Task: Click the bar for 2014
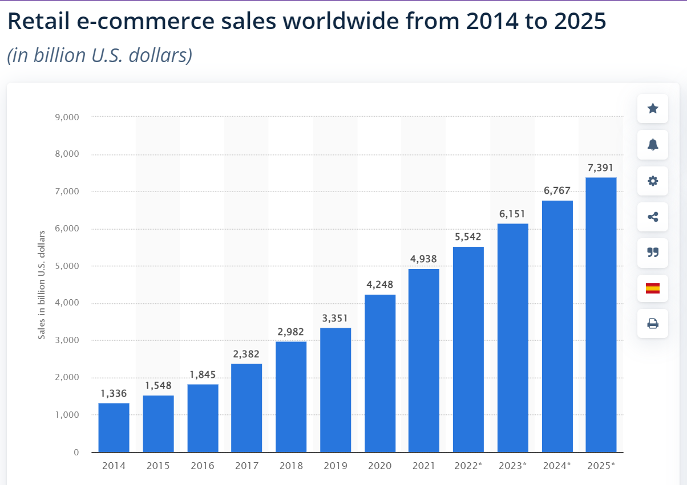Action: [x=114, y=427]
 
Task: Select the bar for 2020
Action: [x=380, y=373]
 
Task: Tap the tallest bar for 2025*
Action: [x=601, y=315]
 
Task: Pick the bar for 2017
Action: [x=246, y=407]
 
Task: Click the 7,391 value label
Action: [x=601, y=168]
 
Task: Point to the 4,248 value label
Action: [x=379, y=284]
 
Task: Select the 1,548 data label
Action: [x=157, y=385]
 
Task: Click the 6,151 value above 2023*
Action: [x=512, y=214]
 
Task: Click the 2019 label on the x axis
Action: [x=336, y=466]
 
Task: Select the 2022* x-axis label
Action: [x=468, y=466]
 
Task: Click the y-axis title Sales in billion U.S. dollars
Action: [x=42, y=285]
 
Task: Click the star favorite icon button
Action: [x=653, y=108]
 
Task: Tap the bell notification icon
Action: [x=653, y=144]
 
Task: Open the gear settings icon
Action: [x=653, y=181]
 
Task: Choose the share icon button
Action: [x=653, y=217]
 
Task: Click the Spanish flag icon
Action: [x=653, y=288]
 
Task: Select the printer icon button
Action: [x=653, y=324]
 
